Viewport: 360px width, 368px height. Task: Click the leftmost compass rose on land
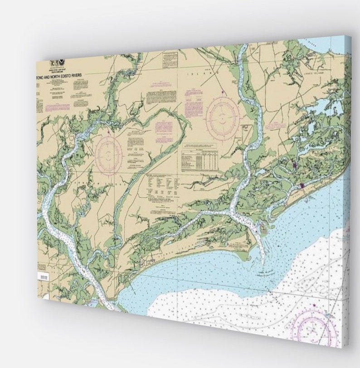coord(108,154)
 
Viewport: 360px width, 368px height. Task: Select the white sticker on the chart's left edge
coord(44,276)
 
